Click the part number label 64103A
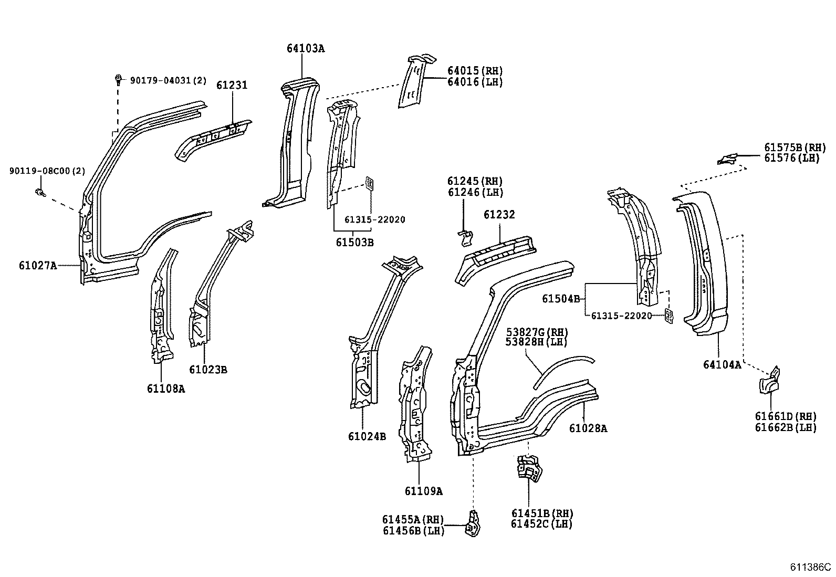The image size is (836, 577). tap(306, 48)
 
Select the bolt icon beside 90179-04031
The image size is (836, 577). tap(119, 80)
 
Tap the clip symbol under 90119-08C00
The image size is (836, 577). tap(39, 193)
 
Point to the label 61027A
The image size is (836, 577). tap(37, 266)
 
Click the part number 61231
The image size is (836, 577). tap(232, 85)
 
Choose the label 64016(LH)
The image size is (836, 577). tap(475, 82)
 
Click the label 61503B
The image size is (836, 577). tap(355, 242)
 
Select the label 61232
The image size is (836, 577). tap(499, 215)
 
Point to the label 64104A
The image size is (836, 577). tap(722, 364)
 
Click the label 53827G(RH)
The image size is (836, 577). tap(537, 332)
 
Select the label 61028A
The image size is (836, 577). tap(588, 428)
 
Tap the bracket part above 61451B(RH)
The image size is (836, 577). tap(529, 468)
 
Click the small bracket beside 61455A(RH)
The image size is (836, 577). tap(473, 524)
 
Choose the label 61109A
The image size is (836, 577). tap(423, 491)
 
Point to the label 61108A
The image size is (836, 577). tap(166, 389)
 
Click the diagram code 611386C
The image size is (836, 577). tap(811, 568)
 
